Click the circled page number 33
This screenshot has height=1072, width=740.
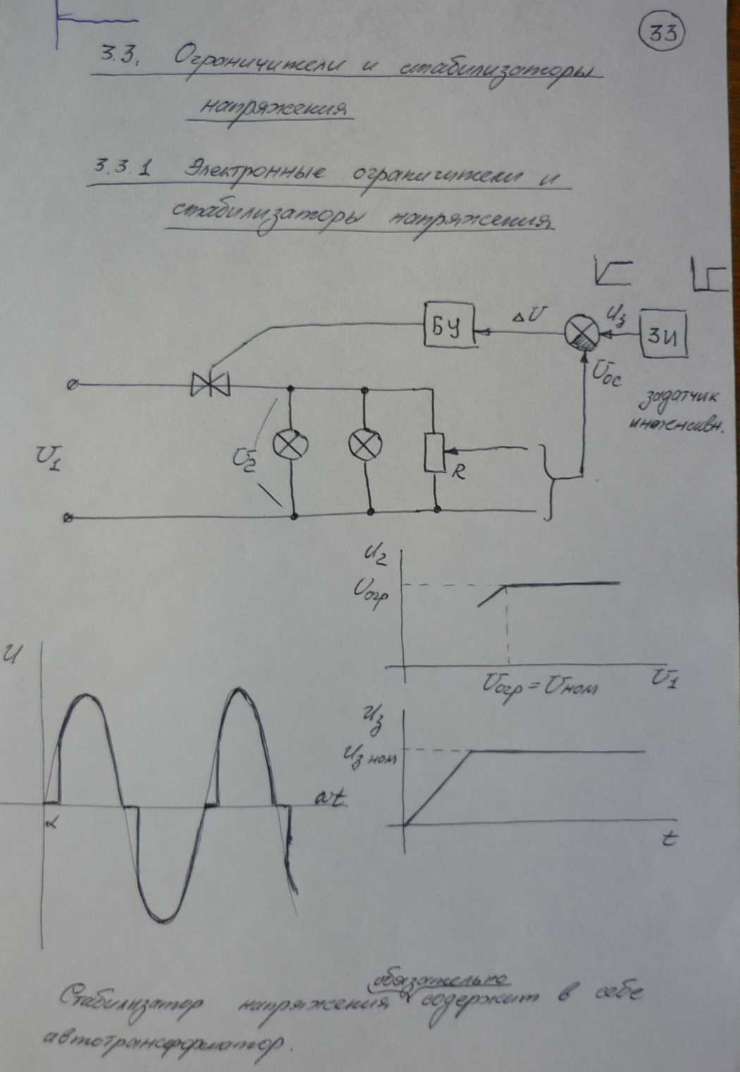[x=662, y=34]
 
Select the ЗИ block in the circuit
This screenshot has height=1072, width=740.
[x=664, y=337]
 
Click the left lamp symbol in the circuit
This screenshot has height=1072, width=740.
[x=291, y=445]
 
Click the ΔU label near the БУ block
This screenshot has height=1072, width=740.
[x=526, y=317]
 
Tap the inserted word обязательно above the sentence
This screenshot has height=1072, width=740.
[x=439, y=980]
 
